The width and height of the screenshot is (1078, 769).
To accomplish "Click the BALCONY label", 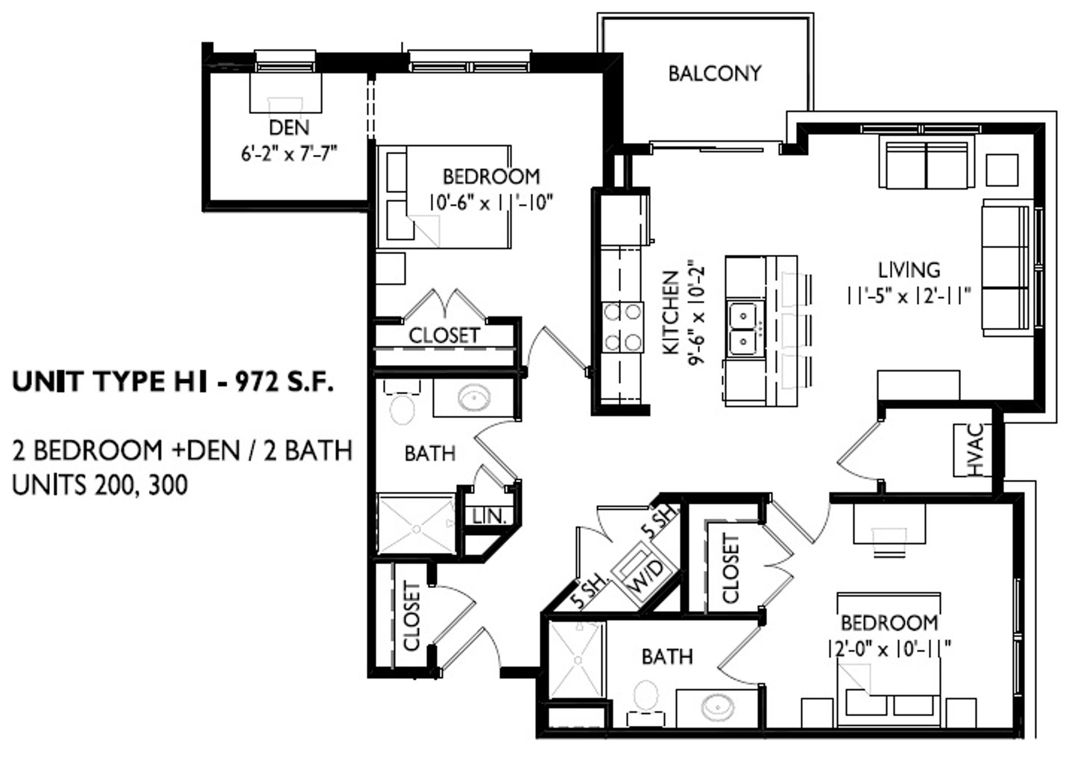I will pos(714,74).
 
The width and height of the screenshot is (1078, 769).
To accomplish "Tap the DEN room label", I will pos(289,127).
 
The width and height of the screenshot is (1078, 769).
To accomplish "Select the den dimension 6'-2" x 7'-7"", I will pos(289,153).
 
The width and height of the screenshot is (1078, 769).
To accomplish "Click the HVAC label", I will pos(976,450).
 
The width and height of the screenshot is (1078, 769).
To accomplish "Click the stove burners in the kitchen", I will pos(623,326).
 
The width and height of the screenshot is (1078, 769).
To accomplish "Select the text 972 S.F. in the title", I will pos(284,382).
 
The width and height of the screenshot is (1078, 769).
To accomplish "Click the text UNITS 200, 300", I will pos(100,486).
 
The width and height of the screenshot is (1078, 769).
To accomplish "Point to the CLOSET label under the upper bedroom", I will pos(444,336).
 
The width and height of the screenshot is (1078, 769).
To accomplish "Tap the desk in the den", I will pos(286,93).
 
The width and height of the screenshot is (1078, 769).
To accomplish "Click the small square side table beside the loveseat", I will pos(1002,170).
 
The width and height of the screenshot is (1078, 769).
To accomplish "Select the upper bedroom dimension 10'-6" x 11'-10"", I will pos(491,202).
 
